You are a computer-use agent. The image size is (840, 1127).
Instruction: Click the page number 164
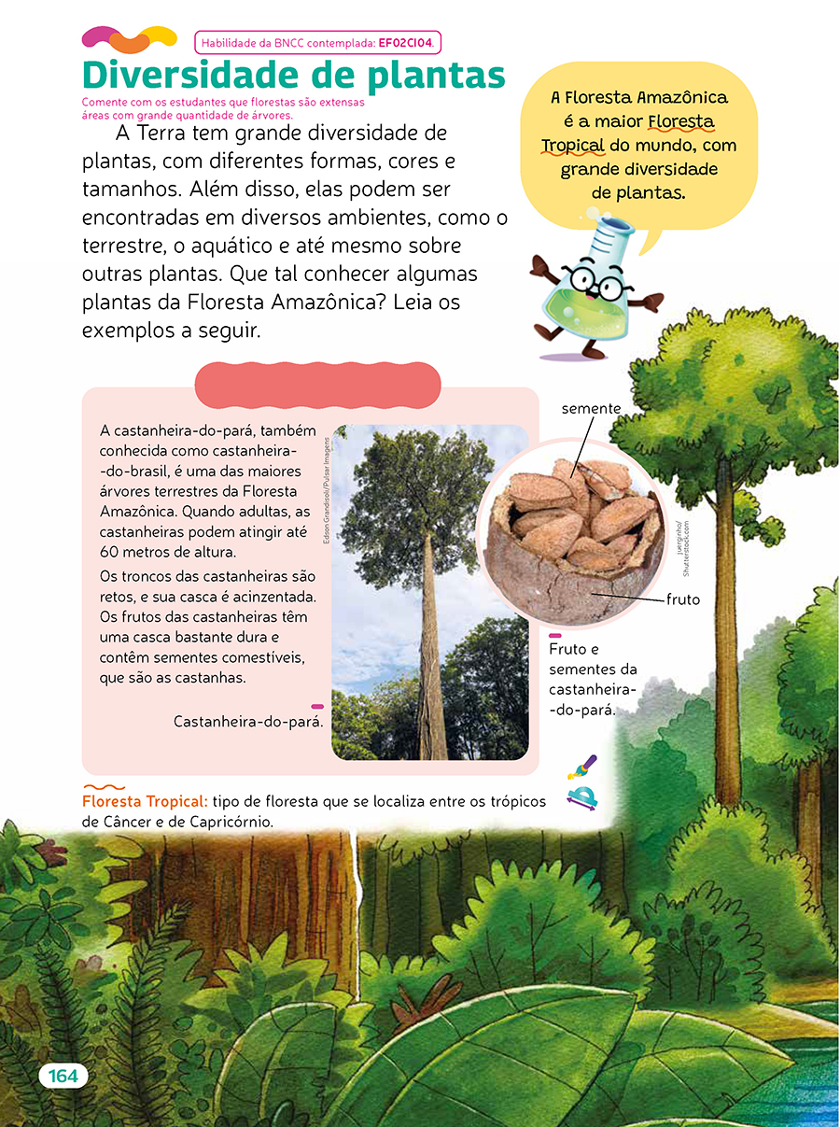point(63,1076)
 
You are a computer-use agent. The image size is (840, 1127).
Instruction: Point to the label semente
point(590,409)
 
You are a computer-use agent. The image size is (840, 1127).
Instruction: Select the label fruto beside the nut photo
point(683,599)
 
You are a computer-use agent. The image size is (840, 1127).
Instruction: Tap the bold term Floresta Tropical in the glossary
point(145,802)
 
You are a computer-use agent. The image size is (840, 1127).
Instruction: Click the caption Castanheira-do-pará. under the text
point(248,722)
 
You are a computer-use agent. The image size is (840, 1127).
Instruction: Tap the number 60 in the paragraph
point(110,553)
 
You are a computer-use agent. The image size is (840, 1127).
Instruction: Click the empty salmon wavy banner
point(317,385)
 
